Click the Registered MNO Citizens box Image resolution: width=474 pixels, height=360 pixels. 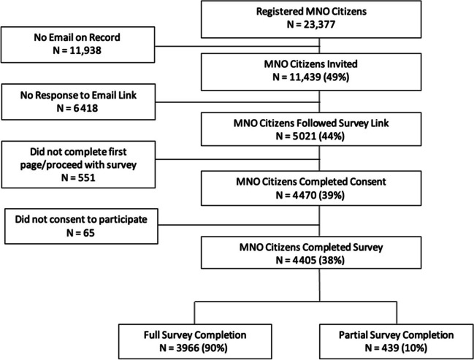click(311, 19)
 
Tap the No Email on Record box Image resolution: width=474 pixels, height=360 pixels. click(77, 45)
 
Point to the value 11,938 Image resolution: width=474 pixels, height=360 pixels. click(85, 50)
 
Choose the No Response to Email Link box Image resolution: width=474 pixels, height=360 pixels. click(78, 102)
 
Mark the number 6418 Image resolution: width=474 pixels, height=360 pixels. click(86, 108)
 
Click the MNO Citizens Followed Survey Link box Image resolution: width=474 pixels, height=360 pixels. click(311, 129)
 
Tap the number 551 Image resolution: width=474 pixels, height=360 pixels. click(86, 177)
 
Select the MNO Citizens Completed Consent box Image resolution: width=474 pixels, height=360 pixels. click(311, 188)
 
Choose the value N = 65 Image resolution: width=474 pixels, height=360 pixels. click(80, 233)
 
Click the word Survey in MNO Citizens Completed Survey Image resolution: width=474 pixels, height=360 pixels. click(368, 248)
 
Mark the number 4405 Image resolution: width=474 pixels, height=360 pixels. click(304, 260)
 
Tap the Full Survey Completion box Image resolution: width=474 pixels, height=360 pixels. click(195, 342)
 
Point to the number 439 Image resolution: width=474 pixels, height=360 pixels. click(390, 348)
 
